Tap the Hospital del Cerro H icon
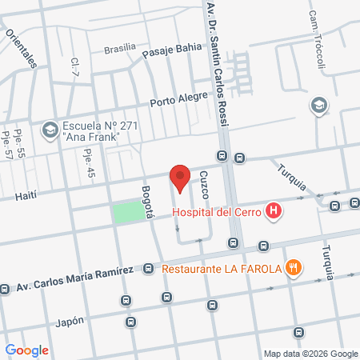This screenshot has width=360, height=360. (274, 212)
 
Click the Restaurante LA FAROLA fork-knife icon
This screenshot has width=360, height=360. (294, 268)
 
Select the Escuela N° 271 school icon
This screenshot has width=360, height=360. (50, 128)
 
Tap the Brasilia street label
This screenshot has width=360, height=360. (120, 49)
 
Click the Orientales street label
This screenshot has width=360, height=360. (21, 47)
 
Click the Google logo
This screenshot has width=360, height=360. (26, 350)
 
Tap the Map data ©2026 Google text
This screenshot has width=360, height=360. (311, 354)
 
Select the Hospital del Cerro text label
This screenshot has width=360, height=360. (218, 213)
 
